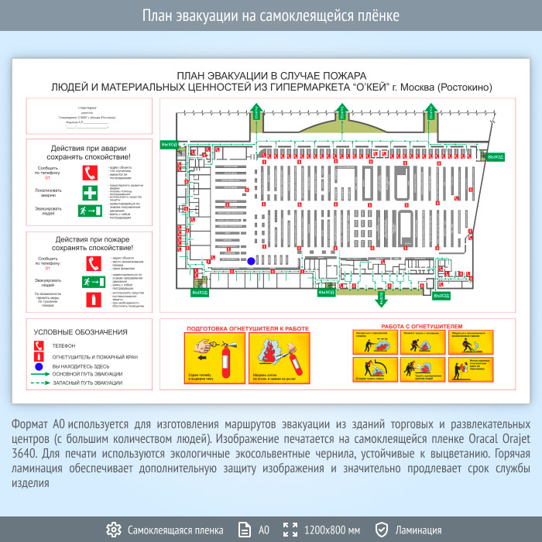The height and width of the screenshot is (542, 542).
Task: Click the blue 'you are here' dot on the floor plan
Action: click(x=251, y=262)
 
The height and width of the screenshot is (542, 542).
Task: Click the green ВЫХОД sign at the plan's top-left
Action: click(x=170, y=144)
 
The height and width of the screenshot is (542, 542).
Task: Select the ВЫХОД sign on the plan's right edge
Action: click(x=493, y=156)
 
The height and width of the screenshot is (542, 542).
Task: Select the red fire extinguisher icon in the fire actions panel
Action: click(x=91, y=298)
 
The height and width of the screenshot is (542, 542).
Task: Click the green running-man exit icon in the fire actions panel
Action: click(x=91, y=281)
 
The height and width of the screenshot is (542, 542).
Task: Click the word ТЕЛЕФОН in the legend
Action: click(x=64, y=345)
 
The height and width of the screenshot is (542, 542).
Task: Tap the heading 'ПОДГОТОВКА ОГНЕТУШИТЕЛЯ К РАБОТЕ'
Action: click(x=247, y=328)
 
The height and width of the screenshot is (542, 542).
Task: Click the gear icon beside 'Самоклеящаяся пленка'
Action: click(x=114, y=530)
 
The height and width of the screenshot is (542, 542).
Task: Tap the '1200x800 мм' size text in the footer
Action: click(x=332, y=530)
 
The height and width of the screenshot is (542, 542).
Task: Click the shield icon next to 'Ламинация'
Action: click(x=381, y=530)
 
